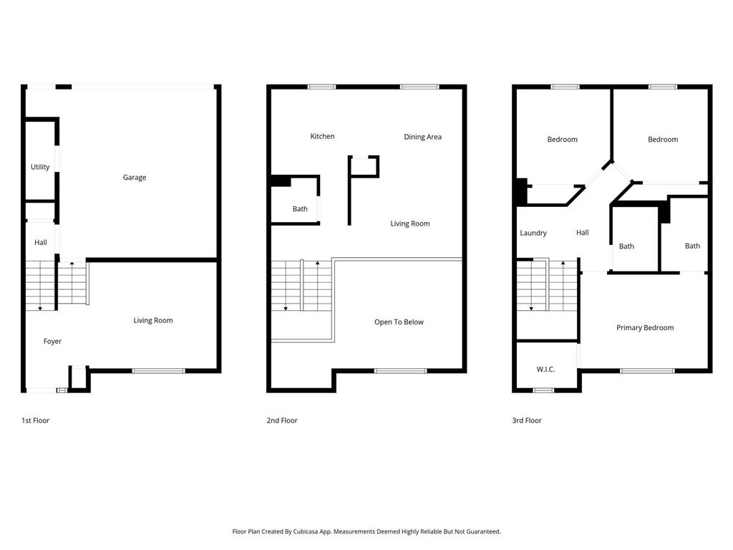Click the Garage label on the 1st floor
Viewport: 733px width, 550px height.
click(135, 178)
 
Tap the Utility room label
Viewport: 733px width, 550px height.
click(40, 167)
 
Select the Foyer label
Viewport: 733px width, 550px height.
click(52, 342)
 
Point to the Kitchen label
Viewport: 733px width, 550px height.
click(323, 136)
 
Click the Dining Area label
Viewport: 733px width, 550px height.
click(422, 137)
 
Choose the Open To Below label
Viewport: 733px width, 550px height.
click(399, 322)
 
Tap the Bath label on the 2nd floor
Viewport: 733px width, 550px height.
click(300, 209)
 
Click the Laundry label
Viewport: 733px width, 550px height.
click(533, 233)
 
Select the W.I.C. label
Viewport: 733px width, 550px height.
click(546, 370)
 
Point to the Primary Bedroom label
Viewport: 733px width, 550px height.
click(645, 328)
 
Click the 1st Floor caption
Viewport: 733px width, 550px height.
click(36, 420)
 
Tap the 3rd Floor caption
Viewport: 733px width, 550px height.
click(527, 420)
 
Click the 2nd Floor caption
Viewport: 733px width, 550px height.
click(282, 420)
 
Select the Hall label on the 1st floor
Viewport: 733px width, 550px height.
click(41, 242)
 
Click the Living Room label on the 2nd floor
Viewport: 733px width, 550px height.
click(410, 223)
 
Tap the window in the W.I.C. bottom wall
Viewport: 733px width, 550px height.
click(544, 390)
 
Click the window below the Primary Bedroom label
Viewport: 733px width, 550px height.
click(647, 371)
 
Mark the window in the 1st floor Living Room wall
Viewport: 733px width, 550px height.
click(158, 371)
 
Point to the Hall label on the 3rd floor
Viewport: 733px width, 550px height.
click(583, 233)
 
